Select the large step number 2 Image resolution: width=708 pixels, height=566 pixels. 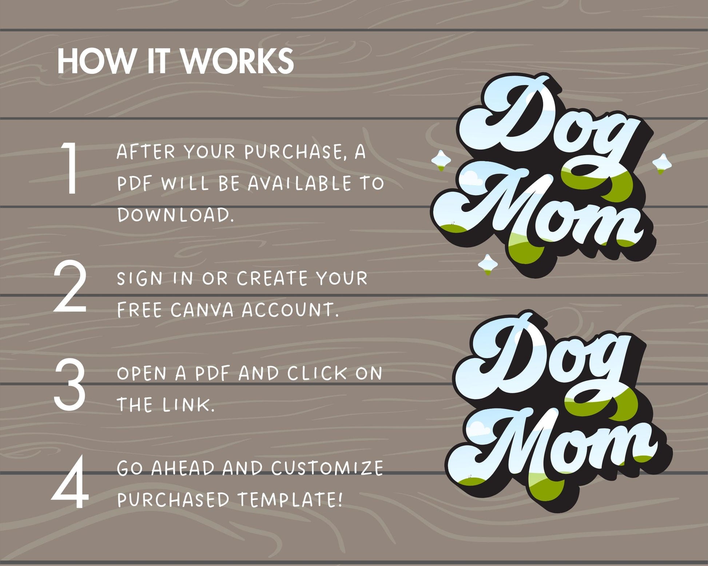(x=70, y=288)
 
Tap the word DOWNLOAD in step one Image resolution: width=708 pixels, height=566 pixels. (x=175, y=215)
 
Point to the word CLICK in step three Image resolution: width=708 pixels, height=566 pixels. (x=316, y=374)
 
